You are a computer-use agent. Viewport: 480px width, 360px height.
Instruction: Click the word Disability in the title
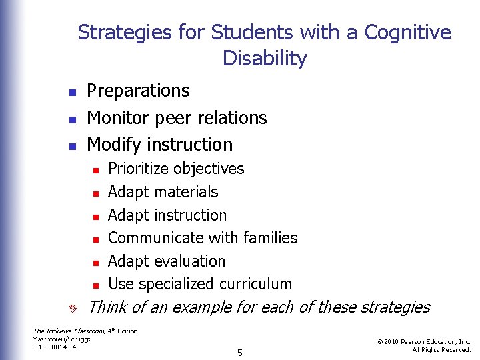[265, 59]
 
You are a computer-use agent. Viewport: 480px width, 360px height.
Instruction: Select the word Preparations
[138, 91]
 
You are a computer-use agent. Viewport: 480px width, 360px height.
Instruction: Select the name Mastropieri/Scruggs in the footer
[61, 339]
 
